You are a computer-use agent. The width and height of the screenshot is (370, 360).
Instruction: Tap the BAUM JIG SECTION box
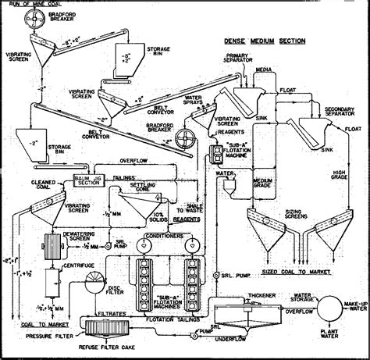coord(87,180)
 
